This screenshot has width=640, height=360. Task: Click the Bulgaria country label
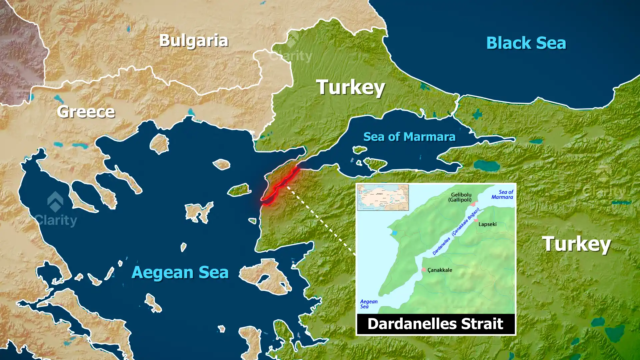(194, 41)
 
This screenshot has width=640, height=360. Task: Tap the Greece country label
(86, 112)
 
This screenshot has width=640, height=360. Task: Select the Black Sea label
(526, 43)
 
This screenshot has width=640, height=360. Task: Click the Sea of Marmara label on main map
(409, 137)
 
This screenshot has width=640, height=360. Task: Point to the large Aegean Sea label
(180, 272)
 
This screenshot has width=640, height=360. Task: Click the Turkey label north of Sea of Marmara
(350, 87)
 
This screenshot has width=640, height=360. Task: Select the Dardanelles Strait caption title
(435, 324)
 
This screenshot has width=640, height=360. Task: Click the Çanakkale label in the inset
(440, 270)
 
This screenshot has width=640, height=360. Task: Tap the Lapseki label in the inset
(487, 224)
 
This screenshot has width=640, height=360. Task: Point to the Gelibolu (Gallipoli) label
(461, 197)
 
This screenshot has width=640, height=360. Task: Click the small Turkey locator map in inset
(383, 197)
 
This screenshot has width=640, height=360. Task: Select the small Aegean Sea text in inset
(368, 304)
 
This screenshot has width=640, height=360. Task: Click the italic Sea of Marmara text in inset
(502, 194)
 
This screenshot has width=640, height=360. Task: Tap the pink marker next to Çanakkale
(424, 269)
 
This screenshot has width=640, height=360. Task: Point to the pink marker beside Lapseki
(476, 220)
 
